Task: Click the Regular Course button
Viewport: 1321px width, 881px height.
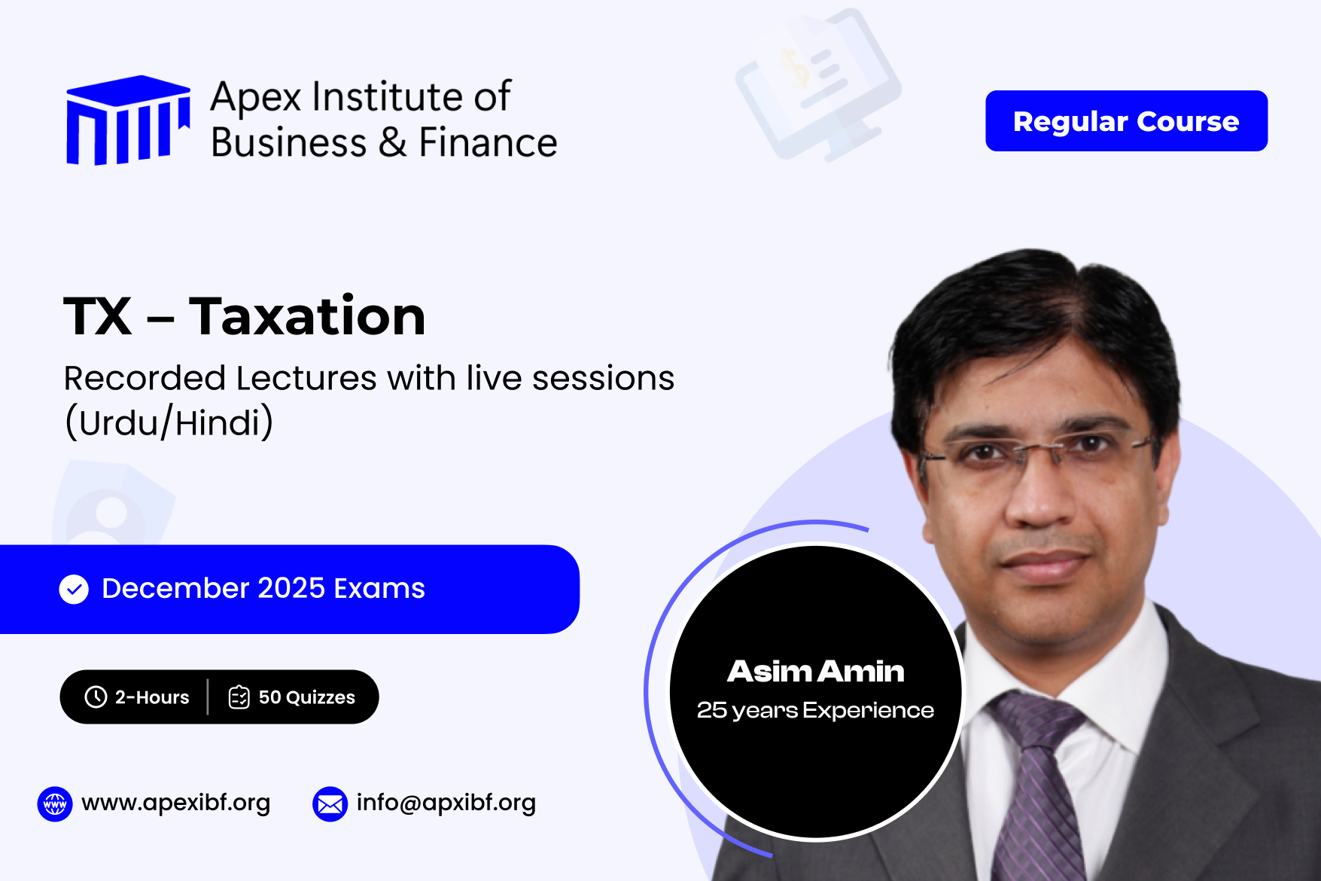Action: (x=1126, y=120)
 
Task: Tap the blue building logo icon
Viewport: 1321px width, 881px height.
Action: (x=128, y=120)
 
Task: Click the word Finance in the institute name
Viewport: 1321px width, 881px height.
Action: (x=488, y=142)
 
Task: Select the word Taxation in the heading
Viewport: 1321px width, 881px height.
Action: (x=307, y=316)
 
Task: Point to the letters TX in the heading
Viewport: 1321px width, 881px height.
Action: (x=98, y=316)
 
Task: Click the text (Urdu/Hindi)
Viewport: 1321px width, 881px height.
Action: (x=169, y=422)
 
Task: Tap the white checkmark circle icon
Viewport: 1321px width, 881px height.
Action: (x=74, y=589)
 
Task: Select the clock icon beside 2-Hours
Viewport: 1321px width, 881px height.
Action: (x=96, y=697)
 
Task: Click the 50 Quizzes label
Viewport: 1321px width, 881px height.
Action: (x=307, y=697)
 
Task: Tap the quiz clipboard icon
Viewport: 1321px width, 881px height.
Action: (x=239, y=697)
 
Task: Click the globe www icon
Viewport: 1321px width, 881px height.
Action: (x=55, y=804)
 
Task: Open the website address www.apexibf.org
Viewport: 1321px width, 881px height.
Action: (x=175, y=803)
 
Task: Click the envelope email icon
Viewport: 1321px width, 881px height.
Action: (x=330, y=804)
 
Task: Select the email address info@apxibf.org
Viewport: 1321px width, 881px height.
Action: (x=446, y=803)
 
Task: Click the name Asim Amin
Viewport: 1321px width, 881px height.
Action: (x=816, y=671)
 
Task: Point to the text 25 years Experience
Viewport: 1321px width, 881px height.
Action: (x=815, y=710)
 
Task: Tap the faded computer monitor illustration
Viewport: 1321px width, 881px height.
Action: (x=818, y=84)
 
